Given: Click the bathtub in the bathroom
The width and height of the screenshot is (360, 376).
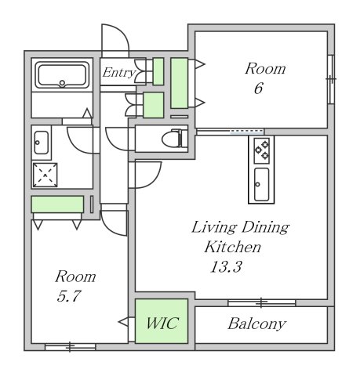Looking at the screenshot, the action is (62, 75).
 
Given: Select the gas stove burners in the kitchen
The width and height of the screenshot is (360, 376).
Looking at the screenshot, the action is (262, 150).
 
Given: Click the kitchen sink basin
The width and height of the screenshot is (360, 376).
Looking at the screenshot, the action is (261, 184).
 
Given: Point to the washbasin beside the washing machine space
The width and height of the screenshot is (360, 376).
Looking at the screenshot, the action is (42, 143).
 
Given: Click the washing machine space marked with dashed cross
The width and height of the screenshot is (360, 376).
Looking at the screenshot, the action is (45, 175).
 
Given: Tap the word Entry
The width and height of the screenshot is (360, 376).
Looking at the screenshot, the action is (119, 73).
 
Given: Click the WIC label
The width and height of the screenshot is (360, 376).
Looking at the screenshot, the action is (162, 323).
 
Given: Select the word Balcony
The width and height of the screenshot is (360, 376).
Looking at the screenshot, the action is (257, 324).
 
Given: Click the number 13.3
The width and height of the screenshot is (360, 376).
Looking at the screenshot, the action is (226, 267).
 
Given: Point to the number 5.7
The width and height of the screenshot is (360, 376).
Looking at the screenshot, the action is (68, 296).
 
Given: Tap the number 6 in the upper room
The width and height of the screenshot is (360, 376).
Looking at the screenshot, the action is (258, 88).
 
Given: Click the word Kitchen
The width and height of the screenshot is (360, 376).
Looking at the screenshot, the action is (232, 247).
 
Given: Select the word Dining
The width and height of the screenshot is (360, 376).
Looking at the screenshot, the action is (265, 228).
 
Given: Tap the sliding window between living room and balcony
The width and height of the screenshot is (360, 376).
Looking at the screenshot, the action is (262, 303).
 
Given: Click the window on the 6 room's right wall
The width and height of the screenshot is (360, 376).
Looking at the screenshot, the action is (331, 79).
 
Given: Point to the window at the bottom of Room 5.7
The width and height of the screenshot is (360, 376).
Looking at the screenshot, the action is (70, 347).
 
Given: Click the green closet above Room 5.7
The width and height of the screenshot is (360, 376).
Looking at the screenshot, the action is (57, 204).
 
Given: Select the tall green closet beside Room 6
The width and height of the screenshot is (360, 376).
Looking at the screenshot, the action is (180, 83).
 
